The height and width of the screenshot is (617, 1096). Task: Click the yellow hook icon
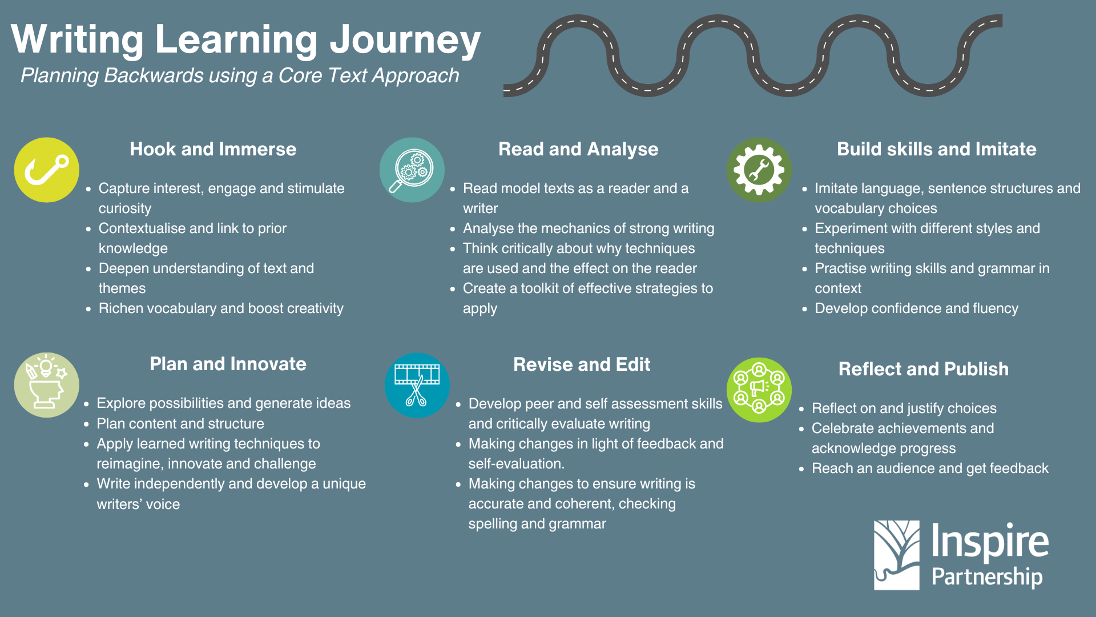click(x=46, y=170)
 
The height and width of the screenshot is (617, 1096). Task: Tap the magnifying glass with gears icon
click(x=412, y=170)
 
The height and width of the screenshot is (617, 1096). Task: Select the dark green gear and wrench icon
click(x=759, y=170)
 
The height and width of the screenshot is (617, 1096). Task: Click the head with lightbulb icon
click(x=46, y=384)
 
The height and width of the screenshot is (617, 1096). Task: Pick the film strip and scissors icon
click(x=417, y=385)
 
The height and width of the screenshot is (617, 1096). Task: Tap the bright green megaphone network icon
click(x=759, y=390)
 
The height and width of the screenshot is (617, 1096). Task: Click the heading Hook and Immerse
click(x=213, y=149)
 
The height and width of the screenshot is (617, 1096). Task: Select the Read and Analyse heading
click(x=578, y=149)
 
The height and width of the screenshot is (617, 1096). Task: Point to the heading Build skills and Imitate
click(x=936, y=149)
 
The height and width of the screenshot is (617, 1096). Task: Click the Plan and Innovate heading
click(x=228, y=364)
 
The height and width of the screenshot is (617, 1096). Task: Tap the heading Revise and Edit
click(x=581, y=364)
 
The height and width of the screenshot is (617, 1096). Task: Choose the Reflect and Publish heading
click(x=923, y=369)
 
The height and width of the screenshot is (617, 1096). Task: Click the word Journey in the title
click(x=405, y=40)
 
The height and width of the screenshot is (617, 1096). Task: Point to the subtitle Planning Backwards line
click(x=240, y=75)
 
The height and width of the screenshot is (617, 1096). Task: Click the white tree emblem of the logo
click(x=896, y=555)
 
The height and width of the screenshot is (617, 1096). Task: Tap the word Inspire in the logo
click(x=989, y=542)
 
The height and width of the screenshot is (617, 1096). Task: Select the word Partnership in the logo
click(x=986, y=577)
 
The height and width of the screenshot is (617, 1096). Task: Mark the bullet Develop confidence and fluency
click(x=916, y=308)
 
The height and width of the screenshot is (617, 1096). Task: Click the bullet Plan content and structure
click(x=180, y=424)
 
